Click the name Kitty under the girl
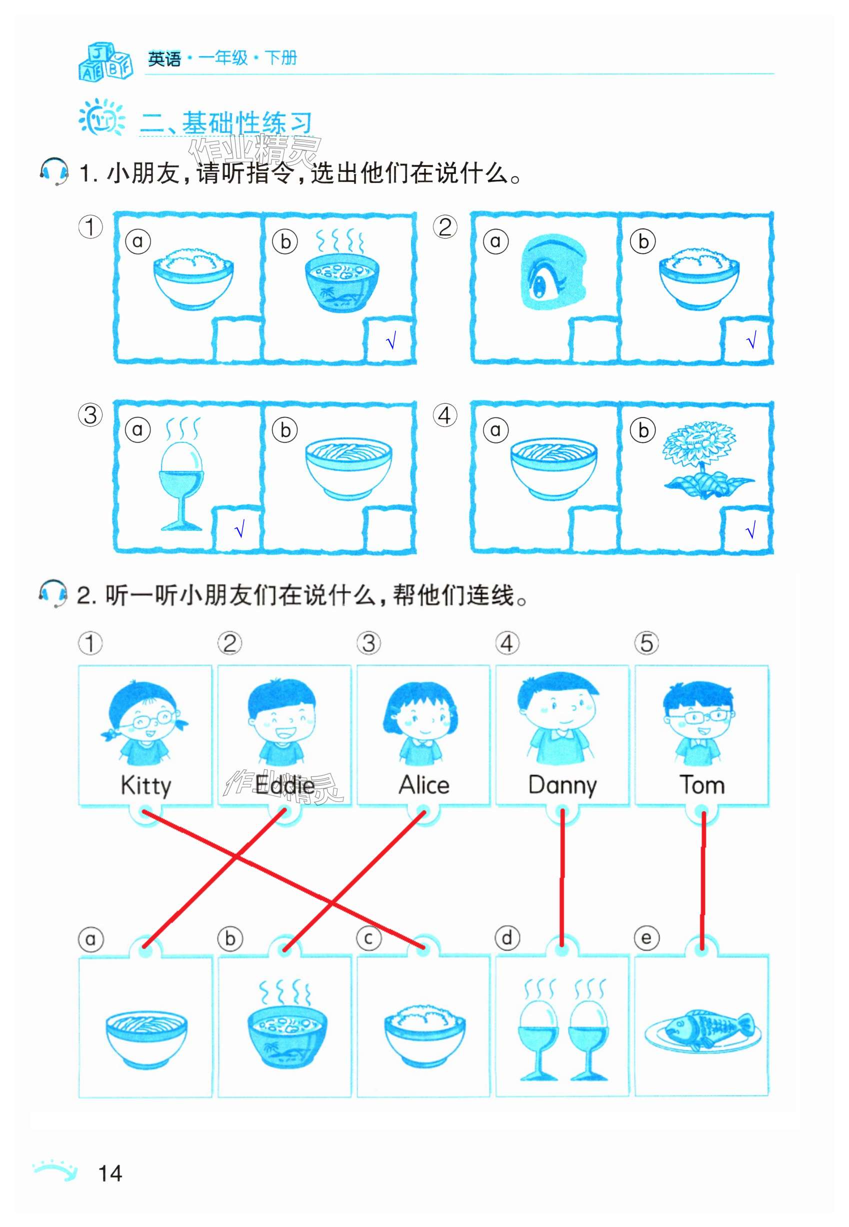[146, 786]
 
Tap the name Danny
[562, 786]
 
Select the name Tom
[701, 785]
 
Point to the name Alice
[424, 785]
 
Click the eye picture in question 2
[552, 272]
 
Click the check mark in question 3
[239, 529]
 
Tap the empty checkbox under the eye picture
[592, 339]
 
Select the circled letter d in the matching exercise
[507, 937]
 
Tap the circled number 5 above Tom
[646, 643]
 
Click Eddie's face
[282, 712]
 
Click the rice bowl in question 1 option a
[193, 280]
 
